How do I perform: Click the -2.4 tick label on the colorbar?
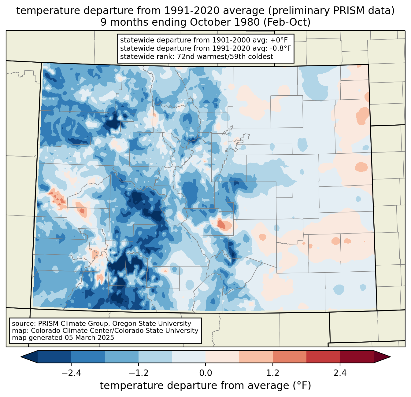[71, 373]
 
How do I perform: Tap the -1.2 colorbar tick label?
[139, 373]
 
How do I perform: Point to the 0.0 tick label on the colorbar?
[206, 373]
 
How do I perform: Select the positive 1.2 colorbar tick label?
[273, 373]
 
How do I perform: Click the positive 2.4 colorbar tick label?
[340, 373]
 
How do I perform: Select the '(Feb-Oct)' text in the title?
[287, 22]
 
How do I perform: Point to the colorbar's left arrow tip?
[21, 357]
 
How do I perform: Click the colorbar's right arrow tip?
[390, 357]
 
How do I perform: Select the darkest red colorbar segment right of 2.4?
[357, 357]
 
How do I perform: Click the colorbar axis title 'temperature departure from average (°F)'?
[206, 385]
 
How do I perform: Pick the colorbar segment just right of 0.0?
[222, 357]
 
